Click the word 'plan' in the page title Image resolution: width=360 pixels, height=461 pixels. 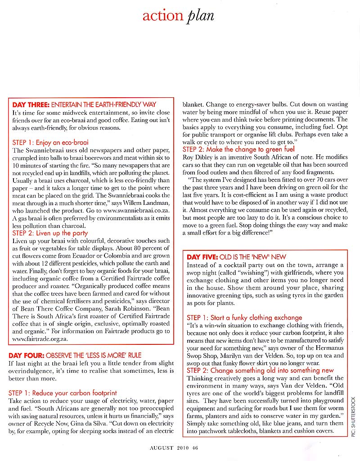(199, 16)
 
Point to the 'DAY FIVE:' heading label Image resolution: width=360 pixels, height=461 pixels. (202, 257)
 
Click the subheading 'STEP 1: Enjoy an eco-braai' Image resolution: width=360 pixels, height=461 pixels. (50, 142)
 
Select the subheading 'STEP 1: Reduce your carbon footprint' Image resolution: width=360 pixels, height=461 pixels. (63, 393)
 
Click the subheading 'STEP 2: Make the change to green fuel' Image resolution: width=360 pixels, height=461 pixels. (238, 149)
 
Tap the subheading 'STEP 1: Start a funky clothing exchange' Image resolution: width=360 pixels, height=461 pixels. (244, 317)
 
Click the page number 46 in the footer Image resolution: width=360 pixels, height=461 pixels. (195, 447)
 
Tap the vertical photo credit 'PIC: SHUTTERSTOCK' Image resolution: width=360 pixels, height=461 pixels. (353, 417)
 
